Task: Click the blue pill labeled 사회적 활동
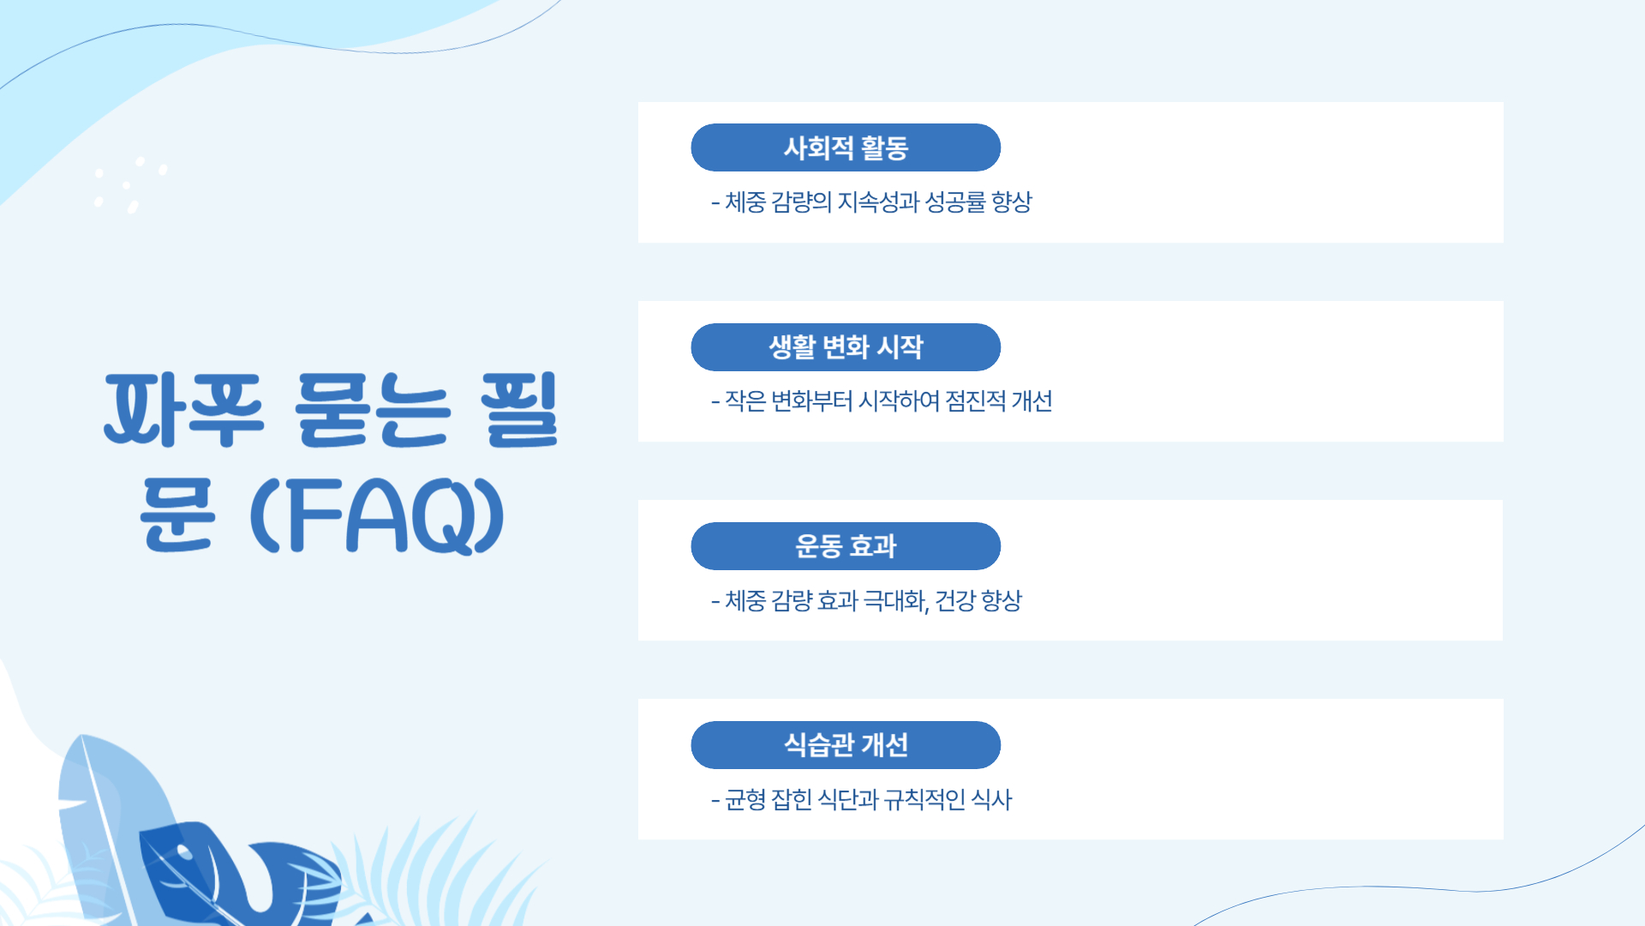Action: tap(846, 147)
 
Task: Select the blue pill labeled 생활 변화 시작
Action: tap(846, 347)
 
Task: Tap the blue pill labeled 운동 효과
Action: tap(846, 546)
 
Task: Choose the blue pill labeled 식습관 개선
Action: tap(846, 745)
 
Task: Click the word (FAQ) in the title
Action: tap(377, 516)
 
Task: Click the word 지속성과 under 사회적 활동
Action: tap(878, 202)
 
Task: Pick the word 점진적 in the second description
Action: tap(975, 401)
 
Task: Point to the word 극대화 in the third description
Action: tap(895, 600)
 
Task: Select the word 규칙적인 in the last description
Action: tap(924, 800)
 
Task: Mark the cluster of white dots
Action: tap(129, 183)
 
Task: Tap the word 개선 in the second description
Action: tap(1032, 401)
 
